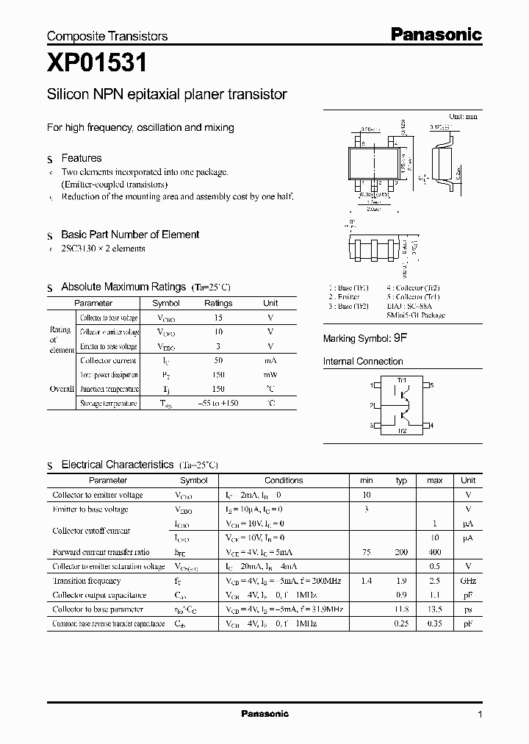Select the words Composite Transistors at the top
[107, 36]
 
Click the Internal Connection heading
[363, 362]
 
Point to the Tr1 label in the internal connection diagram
[402, 379]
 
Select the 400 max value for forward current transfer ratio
[434, 551]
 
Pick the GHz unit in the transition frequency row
[468, 581]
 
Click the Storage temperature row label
[108, 404]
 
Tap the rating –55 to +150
[218, 404]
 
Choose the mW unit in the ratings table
[270, 375]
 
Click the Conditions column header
[284, 480]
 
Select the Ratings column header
[218, 303]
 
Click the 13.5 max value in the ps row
[434, 609]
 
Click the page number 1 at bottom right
[480, 715]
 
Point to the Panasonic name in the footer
[264, 714]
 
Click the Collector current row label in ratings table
[108, 361]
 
